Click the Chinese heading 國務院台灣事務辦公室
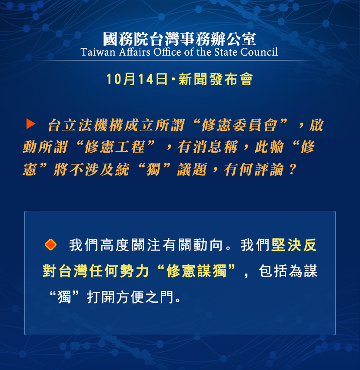(x=180, y=39)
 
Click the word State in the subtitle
(x=221, y=53)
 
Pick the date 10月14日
(x=137, y=80)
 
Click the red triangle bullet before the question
(x=31, y=124)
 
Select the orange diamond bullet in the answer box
(x=51, y=245)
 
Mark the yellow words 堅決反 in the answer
(x=294, y=245)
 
